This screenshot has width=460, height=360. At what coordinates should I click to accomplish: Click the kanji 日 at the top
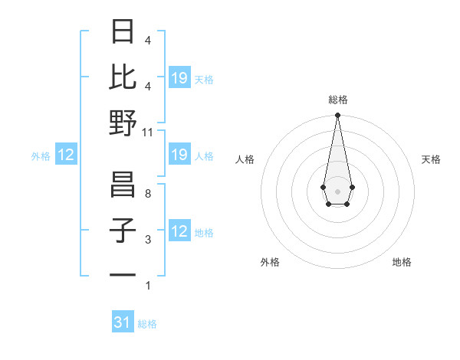[x=123, y=33]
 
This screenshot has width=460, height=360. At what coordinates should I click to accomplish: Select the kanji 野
[x=123, y=123]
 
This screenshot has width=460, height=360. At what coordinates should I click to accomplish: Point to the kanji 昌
[x=123, y=185]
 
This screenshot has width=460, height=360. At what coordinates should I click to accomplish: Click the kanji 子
[x=123, y=231]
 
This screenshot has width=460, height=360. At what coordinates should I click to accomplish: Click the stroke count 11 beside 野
[x=148, y=132]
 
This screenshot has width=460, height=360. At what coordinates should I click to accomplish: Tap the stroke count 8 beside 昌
[x=148, y=195]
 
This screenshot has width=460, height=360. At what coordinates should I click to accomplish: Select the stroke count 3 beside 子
[x=148, y=240]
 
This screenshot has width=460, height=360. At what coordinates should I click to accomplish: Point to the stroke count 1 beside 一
[x=148, y=286]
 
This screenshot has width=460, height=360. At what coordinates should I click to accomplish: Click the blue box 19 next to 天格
[x=179, y=78]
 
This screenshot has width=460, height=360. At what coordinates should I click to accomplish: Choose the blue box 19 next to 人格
[x=179, y=155]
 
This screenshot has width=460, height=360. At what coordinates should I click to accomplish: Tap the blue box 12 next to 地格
[x=179, y=231]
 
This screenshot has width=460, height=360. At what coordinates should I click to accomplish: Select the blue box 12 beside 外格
[x=65, y=155]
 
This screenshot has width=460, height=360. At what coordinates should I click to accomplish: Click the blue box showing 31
[x=123, y=322]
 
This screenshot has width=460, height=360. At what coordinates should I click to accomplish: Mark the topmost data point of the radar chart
[x=337, y=116]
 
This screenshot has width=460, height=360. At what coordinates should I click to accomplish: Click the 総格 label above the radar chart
[x=337, y=100]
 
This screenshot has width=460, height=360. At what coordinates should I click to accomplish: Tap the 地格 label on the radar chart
[x=402, y=262]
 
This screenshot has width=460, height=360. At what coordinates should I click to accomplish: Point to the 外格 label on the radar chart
[x=270, y=262]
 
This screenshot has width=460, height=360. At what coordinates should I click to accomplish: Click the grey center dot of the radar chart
[x=337, y=190]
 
